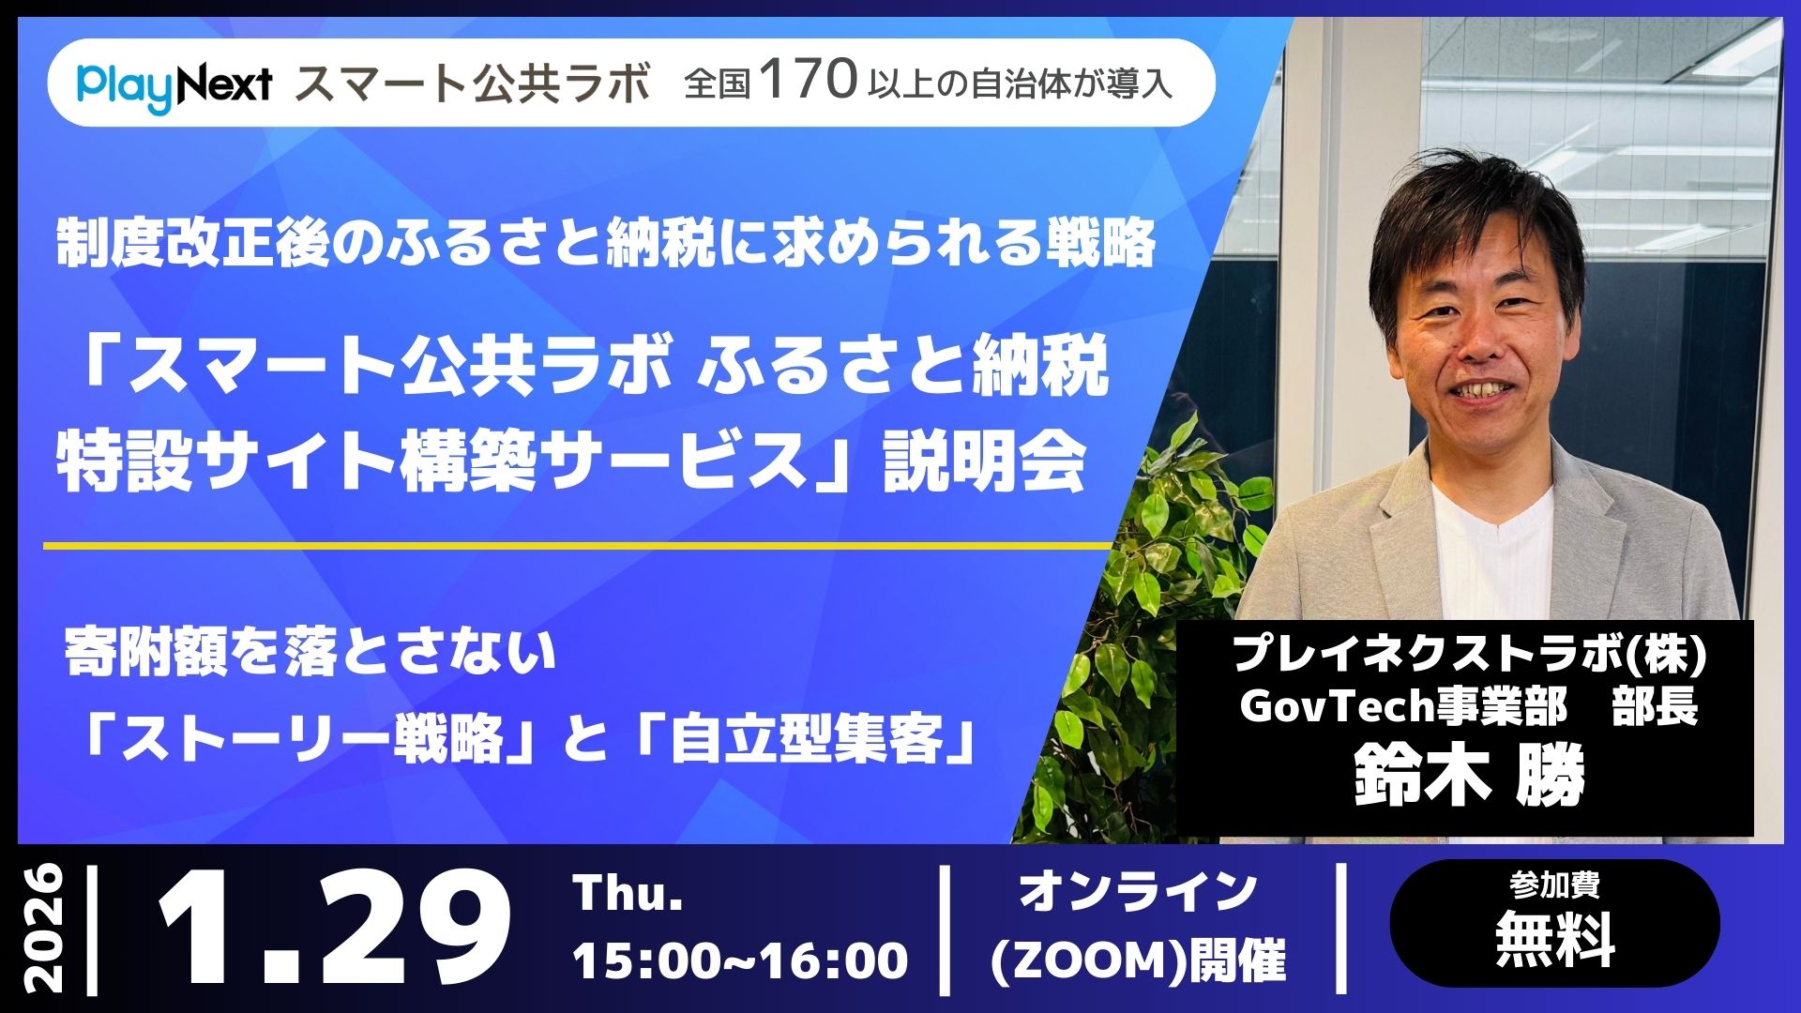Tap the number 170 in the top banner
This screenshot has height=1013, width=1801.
[x=810, y=82]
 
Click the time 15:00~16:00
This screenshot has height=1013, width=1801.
[x=740, y=960]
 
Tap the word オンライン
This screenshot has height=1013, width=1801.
[x=1138, y=891]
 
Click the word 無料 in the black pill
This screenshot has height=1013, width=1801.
[x=1554, y=940]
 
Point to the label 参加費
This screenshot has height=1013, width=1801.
[x=1554, y=884]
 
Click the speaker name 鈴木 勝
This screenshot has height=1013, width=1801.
[x=1469, y=776]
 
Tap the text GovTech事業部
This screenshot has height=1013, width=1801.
[x=1402, y=707]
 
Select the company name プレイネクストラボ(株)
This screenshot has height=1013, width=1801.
[x=1468, y=653]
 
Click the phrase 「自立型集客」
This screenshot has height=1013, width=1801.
[x=808, y=742]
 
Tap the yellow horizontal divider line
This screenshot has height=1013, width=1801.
[x=577, y=545]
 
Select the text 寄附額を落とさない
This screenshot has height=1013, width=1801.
[x=310, y=653]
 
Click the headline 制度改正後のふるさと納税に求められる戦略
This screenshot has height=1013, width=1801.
[x=606, y=245]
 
